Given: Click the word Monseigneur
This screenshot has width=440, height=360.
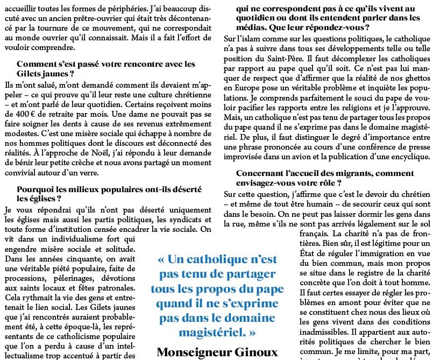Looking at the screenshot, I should [191, 353].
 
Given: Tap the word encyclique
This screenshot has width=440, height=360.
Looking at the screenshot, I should [411, 156].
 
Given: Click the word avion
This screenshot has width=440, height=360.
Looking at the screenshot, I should [301, 156].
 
